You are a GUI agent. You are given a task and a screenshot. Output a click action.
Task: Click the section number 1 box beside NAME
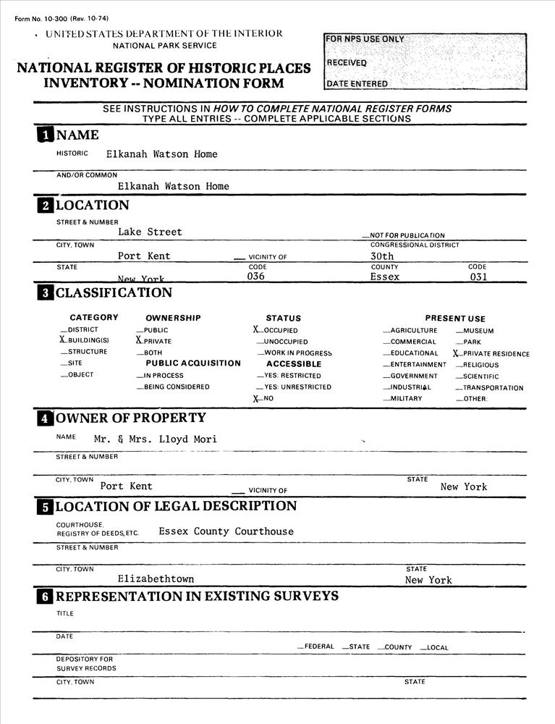tap(45, 135)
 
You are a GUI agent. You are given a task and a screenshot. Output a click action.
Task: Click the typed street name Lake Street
tap(150, 232)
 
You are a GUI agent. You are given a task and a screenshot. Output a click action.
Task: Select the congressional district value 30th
tap(382, 256)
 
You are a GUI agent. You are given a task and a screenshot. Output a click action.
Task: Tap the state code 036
tap(256, 277)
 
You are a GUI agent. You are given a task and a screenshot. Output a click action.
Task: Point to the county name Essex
tap(384, 277)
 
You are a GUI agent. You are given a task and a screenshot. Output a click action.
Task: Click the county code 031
tap(478, 277)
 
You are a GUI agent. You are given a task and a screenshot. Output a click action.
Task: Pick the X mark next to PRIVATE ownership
tap(138, 340)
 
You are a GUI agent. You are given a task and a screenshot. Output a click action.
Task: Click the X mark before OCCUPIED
tap(247, 329)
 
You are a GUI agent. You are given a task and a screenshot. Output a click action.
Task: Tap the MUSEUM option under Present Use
tap(478, 331)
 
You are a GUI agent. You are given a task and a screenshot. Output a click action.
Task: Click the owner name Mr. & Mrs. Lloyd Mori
tap(155, 439)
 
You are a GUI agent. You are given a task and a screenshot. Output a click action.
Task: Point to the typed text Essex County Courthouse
tap(226, 531)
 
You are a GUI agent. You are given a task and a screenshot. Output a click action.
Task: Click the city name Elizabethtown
tap(156, 579)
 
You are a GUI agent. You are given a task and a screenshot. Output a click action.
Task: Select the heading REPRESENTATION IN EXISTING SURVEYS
tap(197, 597)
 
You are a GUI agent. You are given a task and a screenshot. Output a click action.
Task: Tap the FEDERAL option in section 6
tap(318, 647)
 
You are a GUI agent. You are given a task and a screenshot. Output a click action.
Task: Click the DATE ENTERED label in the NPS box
tap(357, 83)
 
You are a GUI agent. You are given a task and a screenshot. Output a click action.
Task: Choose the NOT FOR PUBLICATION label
tap(407, 235)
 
